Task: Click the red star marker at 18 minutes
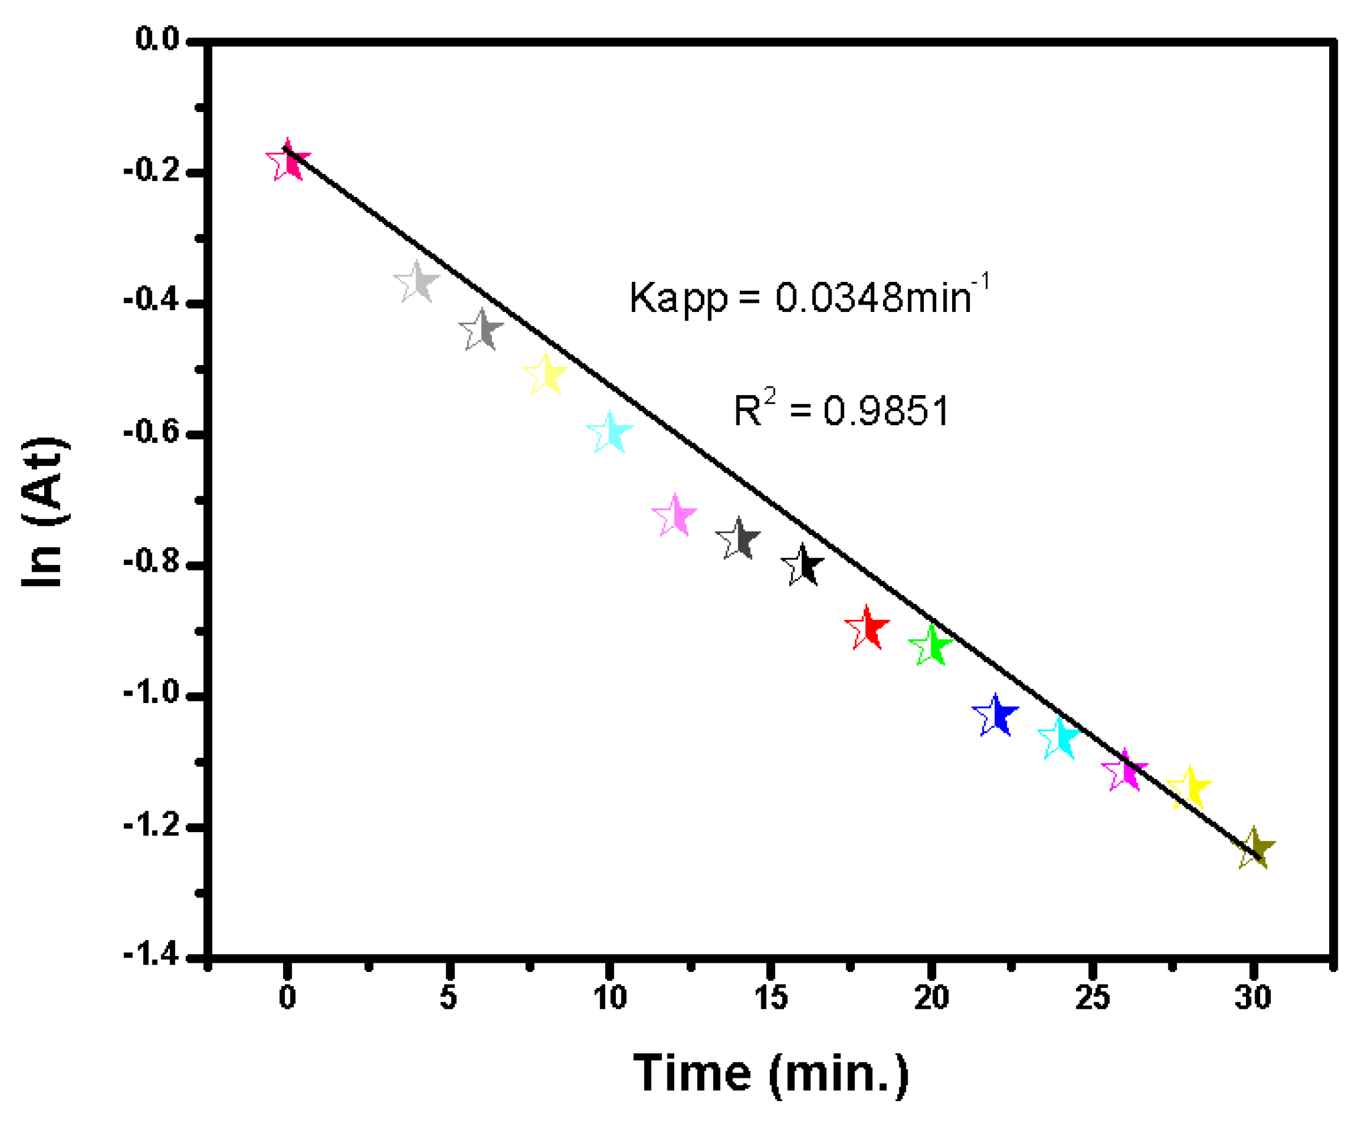tap(867, 628)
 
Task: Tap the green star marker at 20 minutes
tap(931, 646)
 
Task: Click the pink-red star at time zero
tap(288, 161)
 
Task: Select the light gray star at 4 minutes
tap(417, 282)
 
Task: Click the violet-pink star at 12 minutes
tap(675, 517)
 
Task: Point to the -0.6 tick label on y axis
tap(151, 433)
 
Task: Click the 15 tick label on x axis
tap(770, 998)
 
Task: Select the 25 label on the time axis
tap(1093, 998)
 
